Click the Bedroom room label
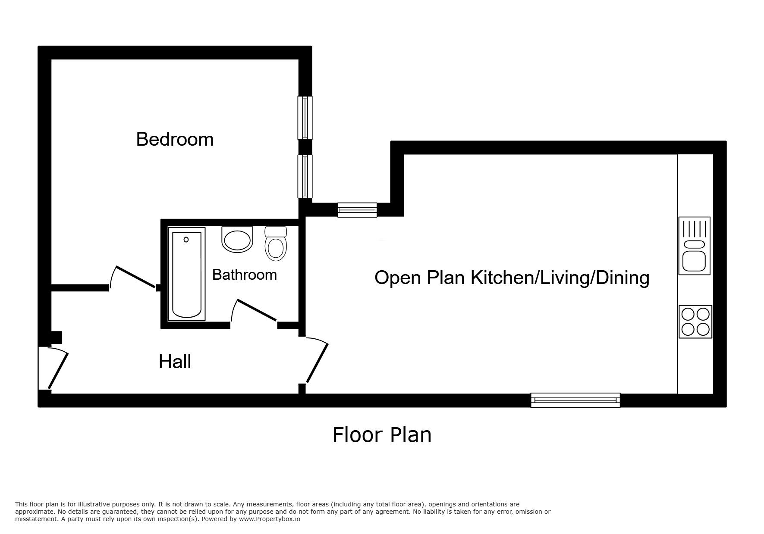[x=175, y=140]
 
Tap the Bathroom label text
[x=245, y=275]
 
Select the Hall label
[x=175, y=362]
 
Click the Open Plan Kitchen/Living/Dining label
[x=512, y=278]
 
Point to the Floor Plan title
[x=382, y=434]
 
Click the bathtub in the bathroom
[x=186, y=274]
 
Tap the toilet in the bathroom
[x=276, y=244]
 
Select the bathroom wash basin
[x=237, y=240]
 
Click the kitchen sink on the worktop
[x=695, y=246]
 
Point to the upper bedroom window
[x=305, y=118]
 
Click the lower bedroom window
[x=305, y=176]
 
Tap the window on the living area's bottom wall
[x=575, y=400]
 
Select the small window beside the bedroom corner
[x=357, y=210]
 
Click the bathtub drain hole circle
[x=186, y=240]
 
